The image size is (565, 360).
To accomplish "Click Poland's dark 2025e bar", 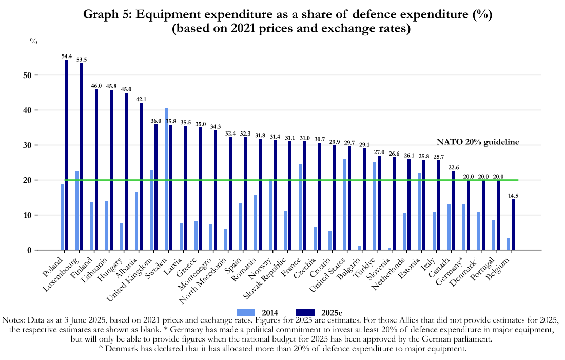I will [67, 155].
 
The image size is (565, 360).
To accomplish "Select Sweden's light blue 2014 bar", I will [166, 179].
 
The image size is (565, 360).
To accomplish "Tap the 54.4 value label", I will [67, 56].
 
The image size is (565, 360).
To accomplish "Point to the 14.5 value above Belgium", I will [513, 196].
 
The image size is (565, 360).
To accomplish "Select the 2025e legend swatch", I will [306, 312].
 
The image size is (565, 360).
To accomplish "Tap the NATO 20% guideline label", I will [477, 142].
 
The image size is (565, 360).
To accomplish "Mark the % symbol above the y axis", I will [33, 41].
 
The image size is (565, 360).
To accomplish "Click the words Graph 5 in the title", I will [106, 15].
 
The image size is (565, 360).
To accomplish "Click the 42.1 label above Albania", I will [141, 99].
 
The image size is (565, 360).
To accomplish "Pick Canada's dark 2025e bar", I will [454, 211].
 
